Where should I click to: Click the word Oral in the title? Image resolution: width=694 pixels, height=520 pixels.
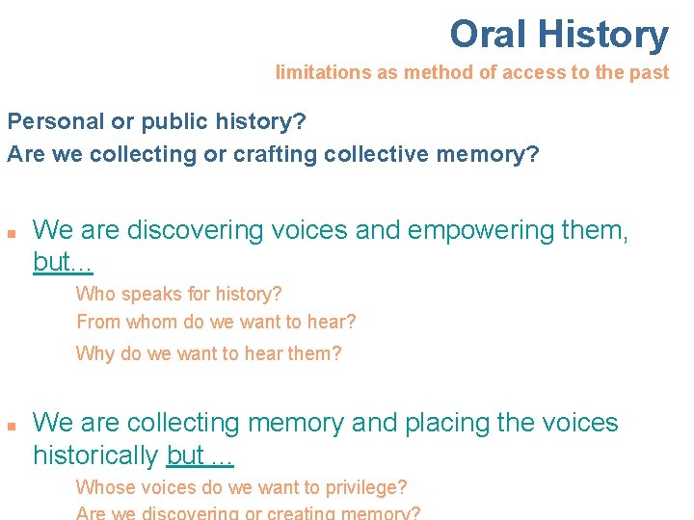[489, 35]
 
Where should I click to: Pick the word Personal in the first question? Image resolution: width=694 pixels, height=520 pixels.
[48, 122]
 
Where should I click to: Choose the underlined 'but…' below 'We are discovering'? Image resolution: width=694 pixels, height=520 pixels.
[63, 262]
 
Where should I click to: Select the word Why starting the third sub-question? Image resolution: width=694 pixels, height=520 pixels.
[94, 353]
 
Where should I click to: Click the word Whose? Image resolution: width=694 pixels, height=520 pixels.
[103, 487]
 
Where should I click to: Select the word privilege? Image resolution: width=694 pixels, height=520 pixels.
[363, 487]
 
